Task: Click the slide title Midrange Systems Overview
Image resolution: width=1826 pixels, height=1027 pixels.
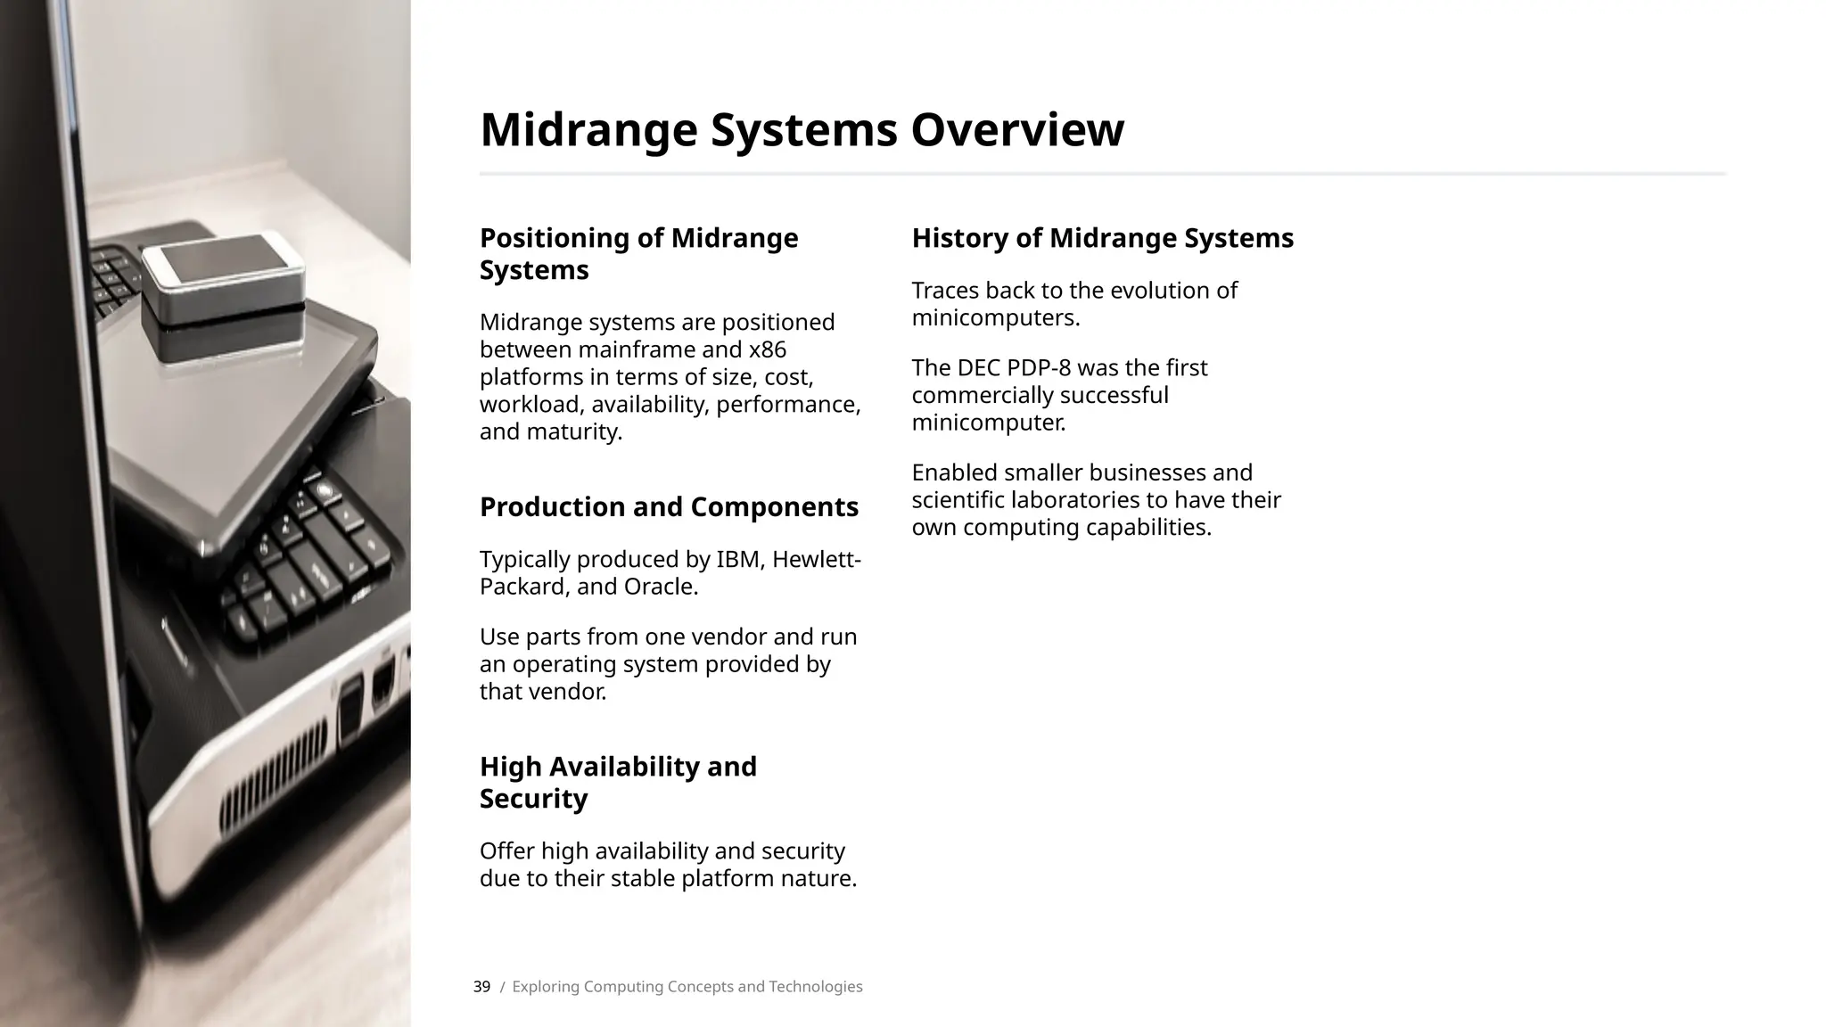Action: coord(802,130)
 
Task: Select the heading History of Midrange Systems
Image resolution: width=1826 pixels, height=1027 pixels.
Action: coord(1102,238)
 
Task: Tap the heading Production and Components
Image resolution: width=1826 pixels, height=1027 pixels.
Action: coord(669,506)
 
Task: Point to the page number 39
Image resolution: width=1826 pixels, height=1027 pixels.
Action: coord(481,987)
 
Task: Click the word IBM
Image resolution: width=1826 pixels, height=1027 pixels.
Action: coord(738,560)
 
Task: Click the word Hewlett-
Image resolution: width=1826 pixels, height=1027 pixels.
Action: coord(816,560)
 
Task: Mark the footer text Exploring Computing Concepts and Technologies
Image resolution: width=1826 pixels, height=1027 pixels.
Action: coord(687,987)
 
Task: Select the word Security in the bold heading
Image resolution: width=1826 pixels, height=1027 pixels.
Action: coord(533,799)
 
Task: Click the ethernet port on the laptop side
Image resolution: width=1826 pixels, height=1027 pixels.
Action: coord(383,685)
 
